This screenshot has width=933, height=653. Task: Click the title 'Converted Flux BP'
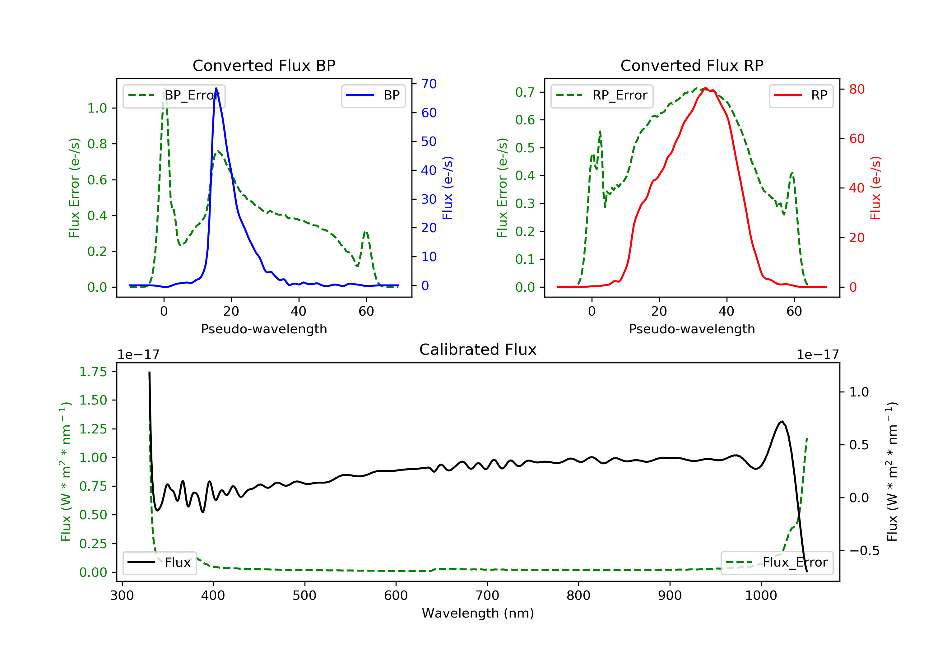point(264,65)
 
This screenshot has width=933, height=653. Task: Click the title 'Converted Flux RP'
point(692,65)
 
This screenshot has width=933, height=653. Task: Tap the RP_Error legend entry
point(601,95)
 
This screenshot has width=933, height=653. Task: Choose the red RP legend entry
point(801,95)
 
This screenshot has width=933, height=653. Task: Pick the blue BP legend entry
point(373,95)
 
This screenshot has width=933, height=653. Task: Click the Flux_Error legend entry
point(777,563)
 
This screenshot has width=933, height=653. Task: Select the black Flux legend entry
point(159,563)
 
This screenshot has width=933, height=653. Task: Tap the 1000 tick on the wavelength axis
point(761,596)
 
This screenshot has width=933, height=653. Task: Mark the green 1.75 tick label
point(93,372)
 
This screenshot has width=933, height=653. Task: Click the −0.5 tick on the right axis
point(864,551)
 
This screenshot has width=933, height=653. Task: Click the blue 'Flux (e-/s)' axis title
point(448,188)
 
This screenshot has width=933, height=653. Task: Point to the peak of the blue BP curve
point(216,88)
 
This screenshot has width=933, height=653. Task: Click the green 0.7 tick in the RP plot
point(525,92)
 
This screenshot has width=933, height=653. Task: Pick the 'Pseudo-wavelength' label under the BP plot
point(264,329)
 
